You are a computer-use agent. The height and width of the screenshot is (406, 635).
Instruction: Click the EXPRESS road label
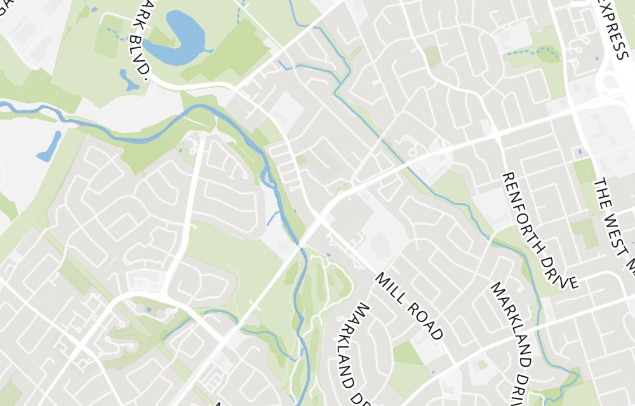click(x=613, y=29)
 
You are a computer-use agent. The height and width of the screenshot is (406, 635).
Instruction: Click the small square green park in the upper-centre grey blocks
click(x=432, y=56)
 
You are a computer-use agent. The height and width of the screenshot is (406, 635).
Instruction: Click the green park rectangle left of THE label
click(x=585, y=172)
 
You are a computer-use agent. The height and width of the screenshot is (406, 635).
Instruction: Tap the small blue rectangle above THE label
click(x=579, y=152)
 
